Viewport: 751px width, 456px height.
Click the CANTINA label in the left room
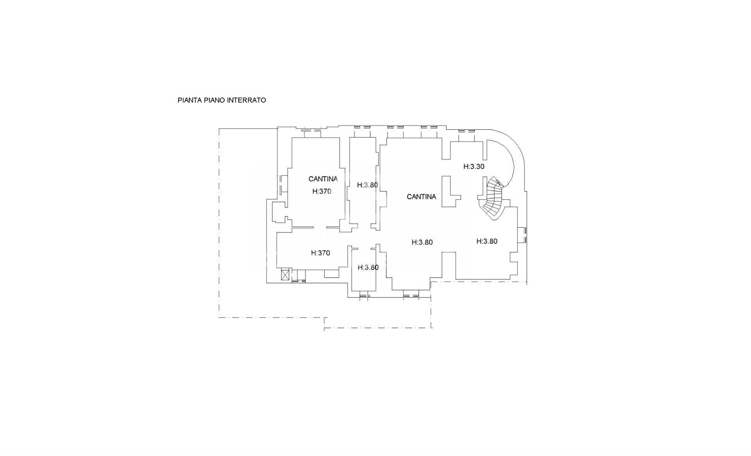click(x=323, y=179)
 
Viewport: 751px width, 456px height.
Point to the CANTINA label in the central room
click(x=421, y=197)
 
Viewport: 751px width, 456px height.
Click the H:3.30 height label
click(x=474, y=166)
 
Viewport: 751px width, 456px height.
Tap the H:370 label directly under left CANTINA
click(x=322, y=191)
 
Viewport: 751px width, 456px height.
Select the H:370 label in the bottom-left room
click(x=320, y=253)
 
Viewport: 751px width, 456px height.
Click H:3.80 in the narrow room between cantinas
click(x=367, y=185)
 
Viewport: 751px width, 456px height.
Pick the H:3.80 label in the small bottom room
click(x=368, y=267)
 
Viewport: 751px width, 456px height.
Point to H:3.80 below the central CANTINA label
click(x=422, y=242)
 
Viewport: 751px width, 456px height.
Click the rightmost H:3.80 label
click(x=487, y=241)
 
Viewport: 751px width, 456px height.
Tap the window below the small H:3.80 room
click(x=365, y=295)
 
